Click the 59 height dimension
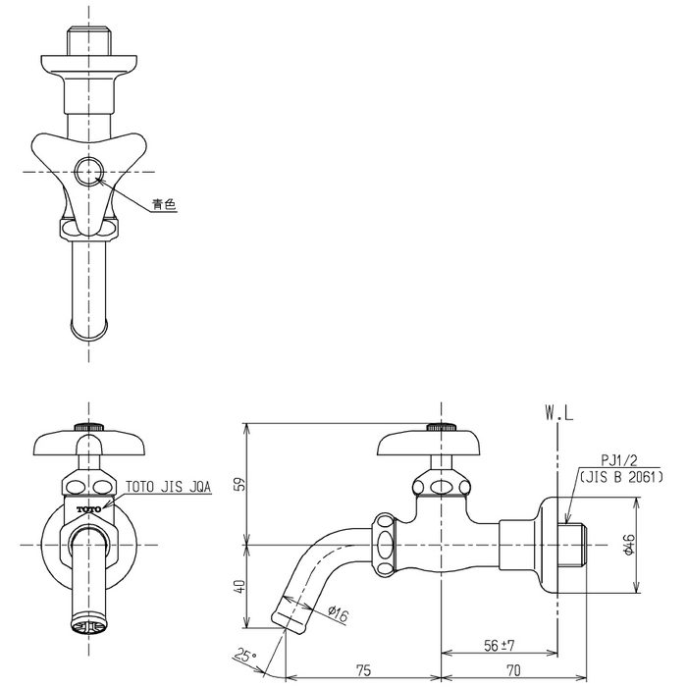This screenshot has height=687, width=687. click(x=240, y=483)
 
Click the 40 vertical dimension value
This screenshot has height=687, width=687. click(x=240, y=586)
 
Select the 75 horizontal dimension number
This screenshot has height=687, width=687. click(x=363, y=670)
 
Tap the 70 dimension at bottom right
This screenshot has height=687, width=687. click(x=513, y=670)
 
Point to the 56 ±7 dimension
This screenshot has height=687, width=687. click(x=499, y=645)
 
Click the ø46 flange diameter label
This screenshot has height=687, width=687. click(x=629, y=545)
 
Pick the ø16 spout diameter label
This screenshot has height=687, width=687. click(x=339, y=613)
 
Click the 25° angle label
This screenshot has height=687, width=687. click(x=245, y=656)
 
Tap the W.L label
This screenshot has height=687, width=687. click(x=558, y=413)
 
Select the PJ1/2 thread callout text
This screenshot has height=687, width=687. click(x=619, y=460)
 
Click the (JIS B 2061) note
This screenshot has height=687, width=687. click(x=621, y=477)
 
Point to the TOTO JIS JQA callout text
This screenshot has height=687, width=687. click(x=169, y=487)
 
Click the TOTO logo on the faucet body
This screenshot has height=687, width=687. click(x=89, y=509)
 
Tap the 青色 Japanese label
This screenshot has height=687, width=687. click(x=164, y=204)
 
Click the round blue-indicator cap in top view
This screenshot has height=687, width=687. click(x=89, y=172)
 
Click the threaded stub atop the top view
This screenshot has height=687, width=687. click(x=89, y=41)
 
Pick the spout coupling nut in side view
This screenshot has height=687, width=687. click(x=385, y=545)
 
